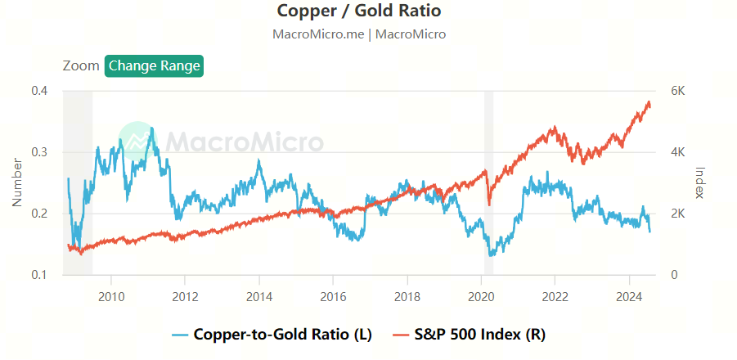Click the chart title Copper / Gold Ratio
359,11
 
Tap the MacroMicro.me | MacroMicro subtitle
359,34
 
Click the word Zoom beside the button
80,65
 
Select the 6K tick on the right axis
678,91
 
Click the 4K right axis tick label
678,152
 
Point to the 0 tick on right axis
674,275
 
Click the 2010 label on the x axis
111,296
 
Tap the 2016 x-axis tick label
333,296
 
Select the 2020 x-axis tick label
481,296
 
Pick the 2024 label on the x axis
629,296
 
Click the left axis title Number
17,182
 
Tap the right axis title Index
699,182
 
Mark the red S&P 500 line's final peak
649,102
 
